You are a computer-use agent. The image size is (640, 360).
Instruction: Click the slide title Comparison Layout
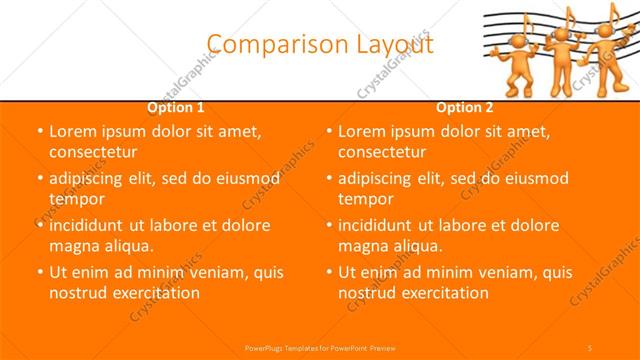click(x=320, y=44)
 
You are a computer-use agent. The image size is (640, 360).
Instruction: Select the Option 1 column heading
click(x=176, y=107)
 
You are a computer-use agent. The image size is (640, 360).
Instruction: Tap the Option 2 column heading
click(x=465, y=107)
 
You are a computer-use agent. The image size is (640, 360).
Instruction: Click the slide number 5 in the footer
click(x=591, y=345)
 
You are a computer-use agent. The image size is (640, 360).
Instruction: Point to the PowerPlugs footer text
click(x=319, y=345)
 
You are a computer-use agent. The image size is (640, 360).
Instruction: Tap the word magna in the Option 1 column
click(x=73, y=246)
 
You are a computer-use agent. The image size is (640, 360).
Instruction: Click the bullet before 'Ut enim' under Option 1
click(x=38, y=272)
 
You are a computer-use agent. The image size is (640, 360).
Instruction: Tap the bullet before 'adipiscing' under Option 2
click(x=327, y=178)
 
